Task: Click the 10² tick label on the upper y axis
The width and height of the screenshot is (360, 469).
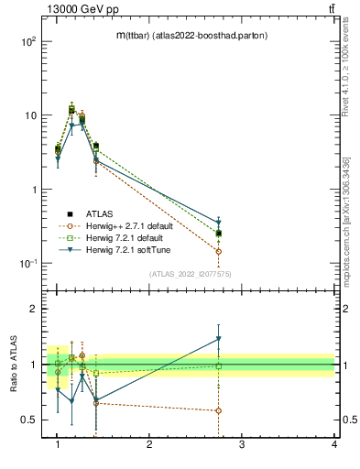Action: point(27,42)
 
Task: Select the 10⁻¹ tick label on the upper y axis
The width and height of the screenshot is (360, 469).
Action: point(27,264)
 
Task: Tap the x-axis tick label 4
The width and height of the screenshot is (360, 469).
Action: point(334,445)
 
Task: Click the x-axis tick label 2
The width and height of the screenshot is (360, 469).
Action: point(149,445)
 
